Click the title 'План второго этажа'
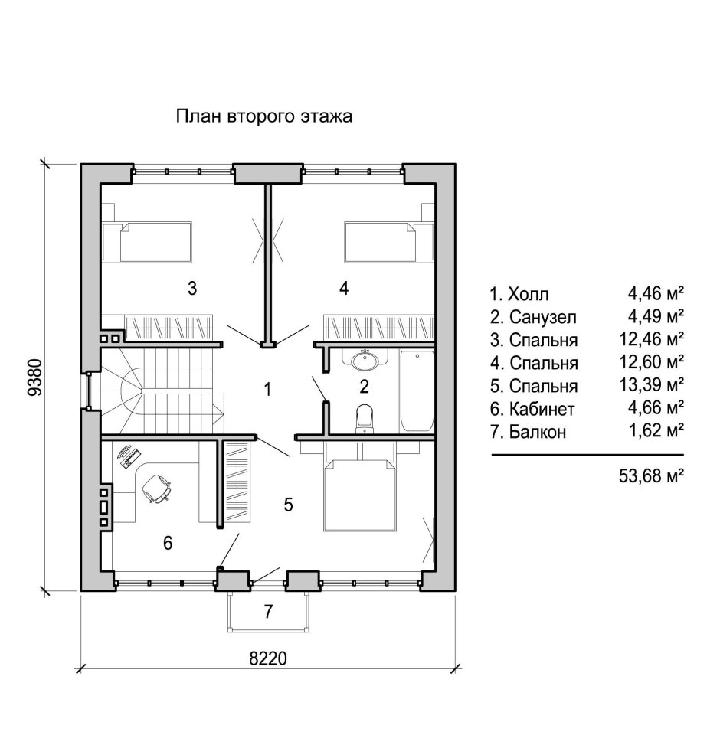coord(263,116)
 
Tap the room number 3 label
coord(192,288)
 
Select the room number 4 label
coord(344,288)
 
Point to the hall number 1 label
coord(267,389)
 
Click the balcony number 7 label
coord(268,611)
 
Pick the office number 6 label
coord(168,543)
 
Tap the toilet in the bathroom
coord(364,417)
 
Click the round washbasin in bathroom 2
coord(365,360)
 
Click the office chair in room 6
coord(156,489)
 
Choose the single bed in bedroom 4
coord(389,241)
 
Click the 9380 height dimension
coord(35,377)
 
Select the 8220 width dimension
coord(268,658)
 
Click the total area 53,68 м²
coord(651,475)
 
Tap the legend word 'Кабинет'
coord(542,409)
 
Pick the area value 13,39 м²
coord(651,384)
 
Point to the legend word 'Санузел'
coord(543,318)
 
